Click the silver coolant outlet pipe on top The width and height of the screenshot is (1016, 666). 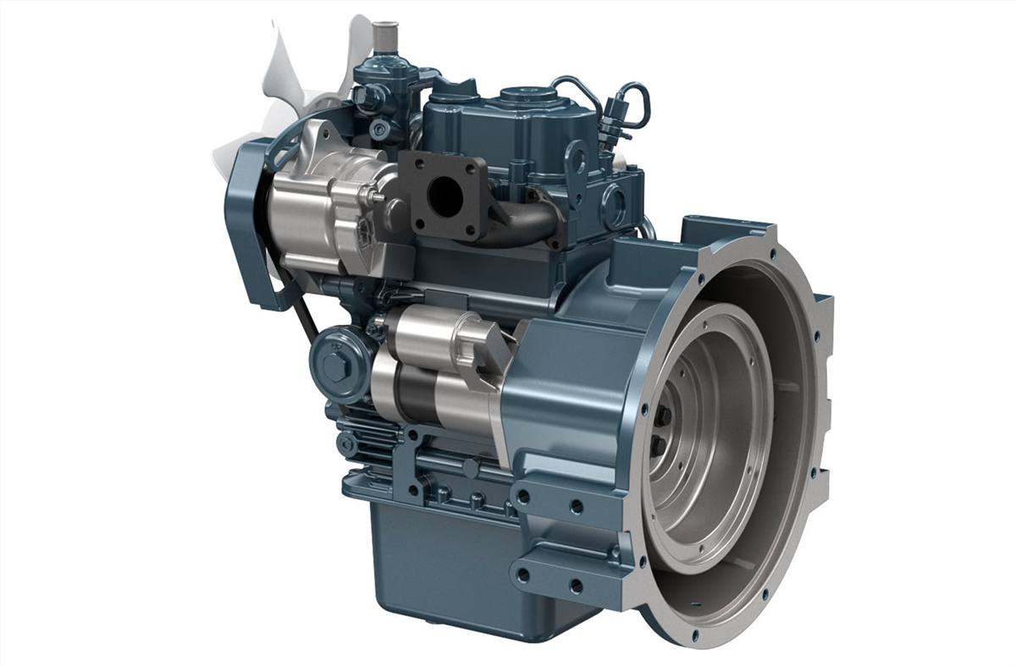tap(384, 35)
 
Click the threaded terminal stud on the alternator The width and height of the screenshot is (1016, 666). tap(375, 200)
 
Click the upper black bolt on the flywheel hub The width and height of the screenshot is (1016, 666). tap(661, 415)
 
